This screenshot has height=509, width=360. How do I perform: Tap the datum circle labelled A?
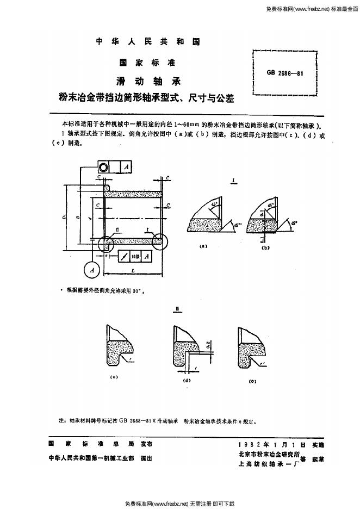[92, 270]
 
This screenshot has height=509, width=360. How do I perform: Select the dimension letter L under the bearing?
[133, 270]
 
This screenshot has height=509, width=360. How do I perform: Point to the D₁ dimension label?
[66, 219]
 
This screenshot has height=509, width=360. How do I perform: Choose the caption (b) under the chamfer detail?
[265, 247]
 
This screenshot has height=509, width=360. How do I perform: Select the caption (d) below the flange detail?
[187, 381]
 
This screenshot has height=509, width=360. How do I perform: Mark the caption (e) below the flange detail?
[252, 381]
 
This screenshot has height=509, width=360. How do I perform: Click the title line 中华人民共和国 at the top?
[148, 42]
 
